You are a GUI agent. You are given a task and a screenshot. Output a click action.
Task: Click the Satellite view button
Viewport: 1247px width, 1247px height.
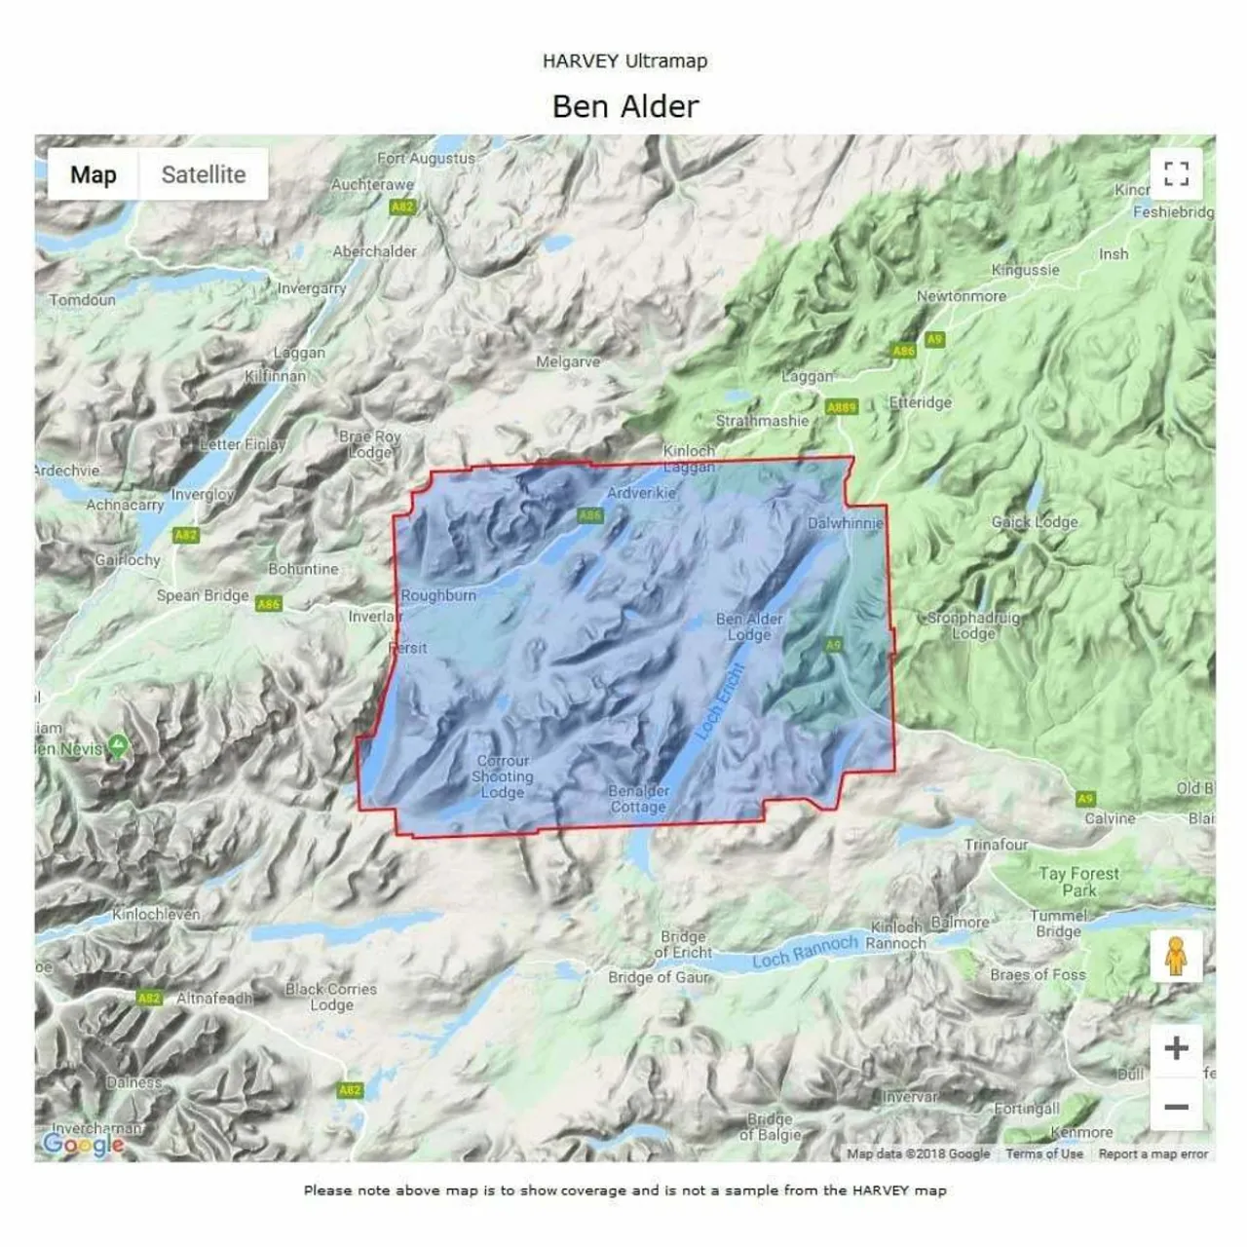pyautogui.click(x=203, y=175)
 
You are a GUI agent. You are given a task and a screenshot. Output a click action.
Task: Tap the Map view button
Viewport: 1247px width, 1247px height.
pyautogui.click(x=94, y=175)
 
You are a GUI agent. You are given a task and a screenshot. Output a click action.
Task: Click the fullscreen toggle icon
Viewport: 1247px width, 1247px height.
pyautogui.click(x=1176, y=174)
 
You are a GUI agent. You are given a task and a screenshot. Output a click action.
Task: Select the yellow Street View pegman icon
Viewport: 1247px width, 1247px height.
pyautogui.click(x=1176, y=956)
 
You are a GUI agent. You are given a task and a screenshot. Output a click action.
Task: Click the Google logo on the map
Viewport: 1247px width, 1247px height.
pyautogui.click(x=82, y=1144)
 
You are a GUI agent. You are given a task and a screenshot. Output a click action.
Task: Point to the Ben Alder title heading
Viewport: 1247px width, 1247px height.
pyautogui.click(x=625, y=106)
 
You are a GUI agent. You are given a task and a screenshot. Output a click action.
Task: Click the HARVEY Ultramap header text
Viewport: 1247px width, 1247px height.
pyautogui.click(x=625, y=60)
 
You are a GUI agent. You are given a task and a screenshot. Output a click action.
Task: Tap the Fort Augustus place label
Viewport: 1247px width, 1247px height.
pyautogui.click(x=426, y=158)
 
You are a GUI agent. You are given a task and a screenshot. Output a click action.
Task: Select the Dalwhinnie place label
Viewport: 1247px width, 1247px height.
pyautogui.click(x=845, y=523)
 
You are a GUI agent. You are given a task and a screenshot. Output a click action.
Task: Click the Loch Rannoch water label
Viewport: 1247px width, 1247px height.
pyautogui.click(x=805, y=951)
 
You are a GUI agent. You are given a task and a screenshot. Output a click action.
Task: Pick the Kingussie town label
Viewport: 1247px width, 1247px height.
pyautogui.click(x=1025, y=270)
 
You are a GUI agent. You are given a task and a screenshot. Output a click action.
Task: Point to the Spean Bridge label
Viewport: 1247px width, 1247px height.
pyautogui.click(x=203, y=595)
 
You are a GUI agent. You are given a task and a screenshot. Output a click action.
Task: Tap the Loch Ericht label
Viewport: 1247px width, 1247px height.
pyautogui.click(x=720, y=699)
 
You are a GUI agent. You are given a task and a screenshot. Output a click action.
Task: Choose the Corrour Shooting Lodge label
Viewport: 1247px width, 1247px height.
pyautogui.click(x=503, y=776)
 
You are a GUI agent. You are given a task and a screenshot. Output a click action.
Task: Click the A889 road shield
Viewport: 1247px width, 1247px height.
pyautogui.click(x=841, y=407)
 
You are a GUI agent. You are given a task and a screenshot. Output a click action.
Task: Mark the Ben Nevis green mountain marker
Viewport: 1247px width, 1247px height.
pyautogui.click(x=118, y=747)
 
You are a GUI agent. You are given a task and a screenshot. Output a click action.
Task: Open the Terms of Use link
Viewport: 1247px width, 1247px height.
pyautogui.click(x=1044, y=1154)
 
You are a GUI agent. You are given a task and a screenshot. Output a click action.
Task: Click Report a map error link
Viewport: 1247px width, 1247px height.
pyautogui.click(x=1153, y=1154)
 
